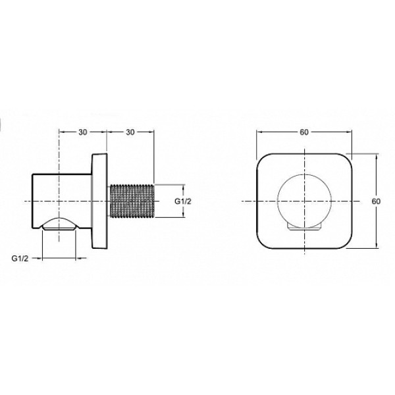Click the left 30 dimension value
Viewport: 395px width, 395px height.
[83, 132]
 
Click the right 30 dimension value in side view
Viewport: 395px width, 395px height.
[130, 132]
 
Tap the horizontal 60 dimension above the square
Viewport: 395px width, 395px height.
[304, 132]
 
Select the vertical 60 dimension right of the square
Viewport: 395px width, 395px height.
[376, 201]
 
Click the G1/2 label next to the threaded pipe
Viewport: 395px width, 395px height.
[183, 201]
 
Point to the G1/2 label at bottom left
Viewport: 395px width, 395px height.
[20, 258]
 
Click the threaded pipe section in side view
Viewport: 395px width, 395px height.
[132, 201]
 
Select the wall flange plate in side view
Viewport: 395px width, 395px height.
[100, 201]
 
